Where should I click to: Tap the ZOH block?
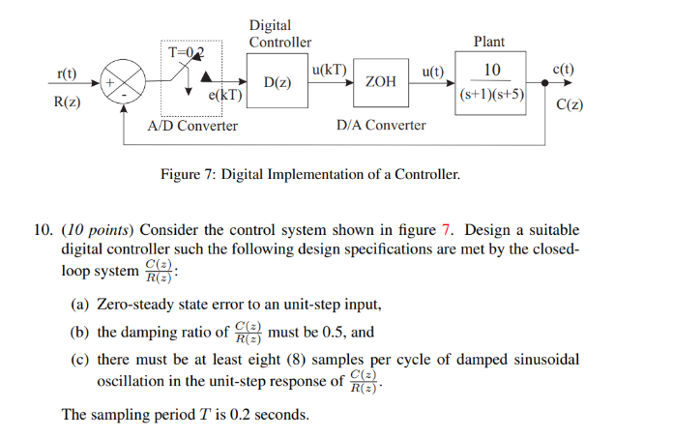(381, 83)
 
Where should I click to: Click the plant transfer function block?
(492, 83)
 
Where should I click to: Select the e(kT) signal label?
(224, 97)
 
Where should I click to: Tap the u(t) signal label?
(432, 71)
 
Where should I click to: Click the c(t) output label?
(562, 70)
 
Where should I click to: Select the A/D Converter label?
(192, 126)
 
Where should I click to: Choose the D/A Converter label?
(381, 126)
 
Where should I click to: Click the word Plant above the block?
(488, 42)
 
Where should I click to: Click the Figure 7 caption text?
(309, 175)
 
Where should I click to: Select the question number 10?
(43, 230)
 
